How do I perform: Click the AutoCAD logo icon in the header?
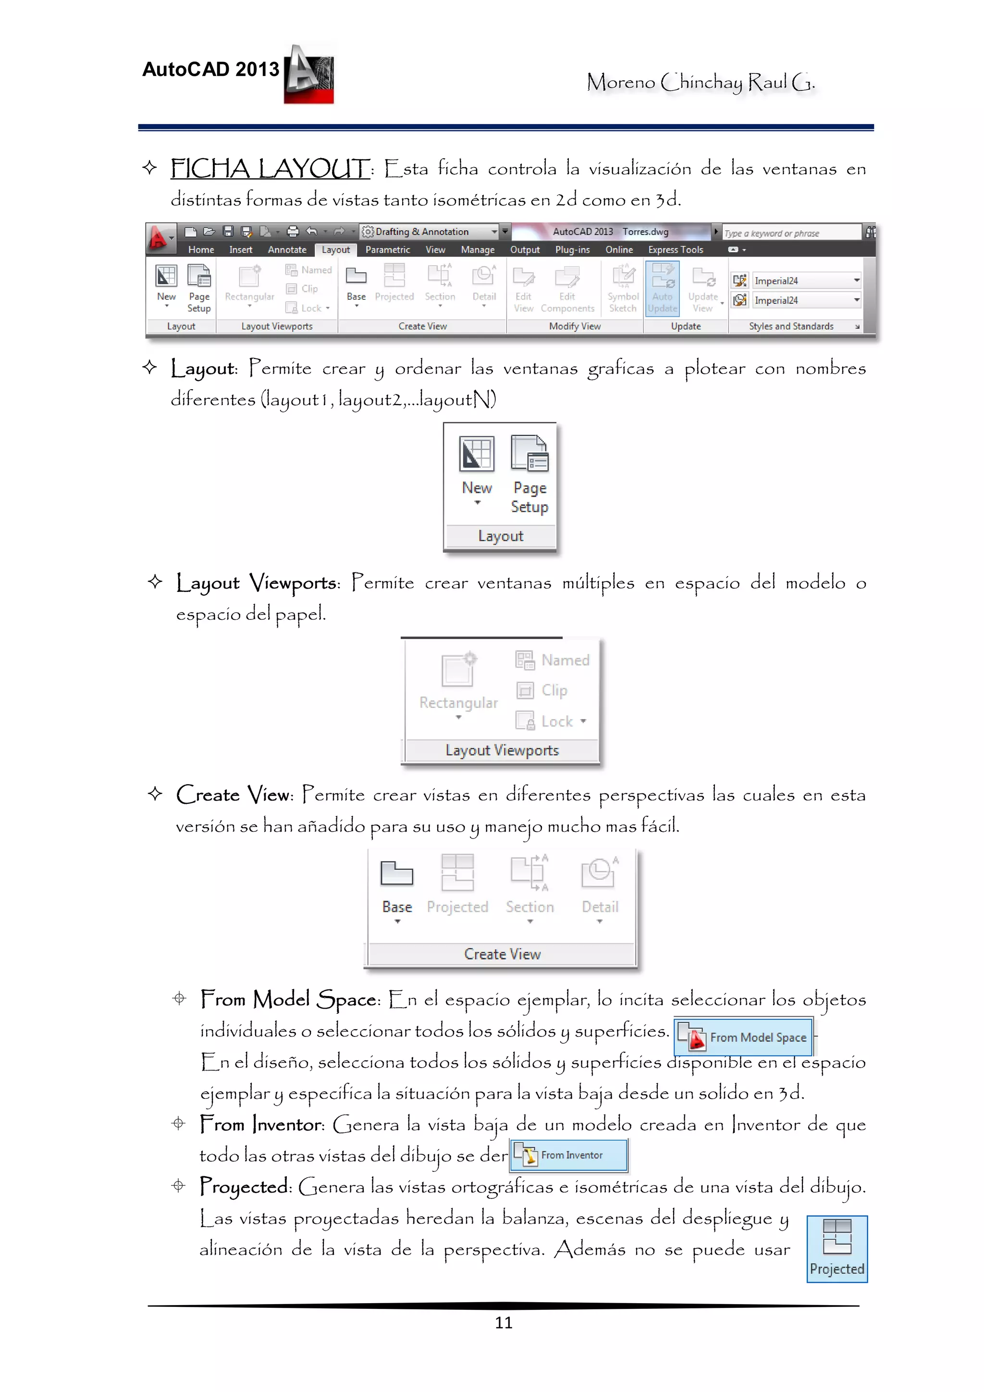[x=309, y=75]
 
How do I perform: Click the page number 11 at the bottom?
[x=503, y=1322]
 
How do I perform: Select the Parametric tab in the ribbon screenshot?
[x=387, y=250]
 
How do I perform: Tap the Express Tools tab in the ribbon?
[x=676, y=250]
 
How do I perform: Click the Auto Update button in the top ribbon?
[x=662, y=288]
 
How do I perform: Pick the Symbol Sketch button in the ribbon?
[x=623, y=288]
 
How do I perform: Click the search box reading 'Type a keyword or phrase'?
[x=790, y=233]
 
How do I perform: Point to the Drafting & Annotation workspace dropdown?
[x=429, y=232]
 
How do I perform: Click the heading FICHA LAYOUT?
[x=270, y=169]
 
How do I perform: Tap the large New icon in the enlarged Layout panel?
[x=477, y=455]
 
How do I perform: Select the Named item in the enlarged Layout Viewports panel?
[x=553, y=660]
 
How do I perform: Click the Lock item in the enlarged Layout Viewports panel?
[x=552, y=721]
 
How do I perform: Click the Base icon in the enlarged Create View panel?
[x=396, y=874]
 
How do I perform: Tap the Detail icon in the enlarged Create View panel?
[x=600, y=874]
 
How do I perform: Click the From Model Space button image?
[x=743, y=1037]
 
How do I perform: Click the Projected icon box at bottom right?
[x=836, y=1249]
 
